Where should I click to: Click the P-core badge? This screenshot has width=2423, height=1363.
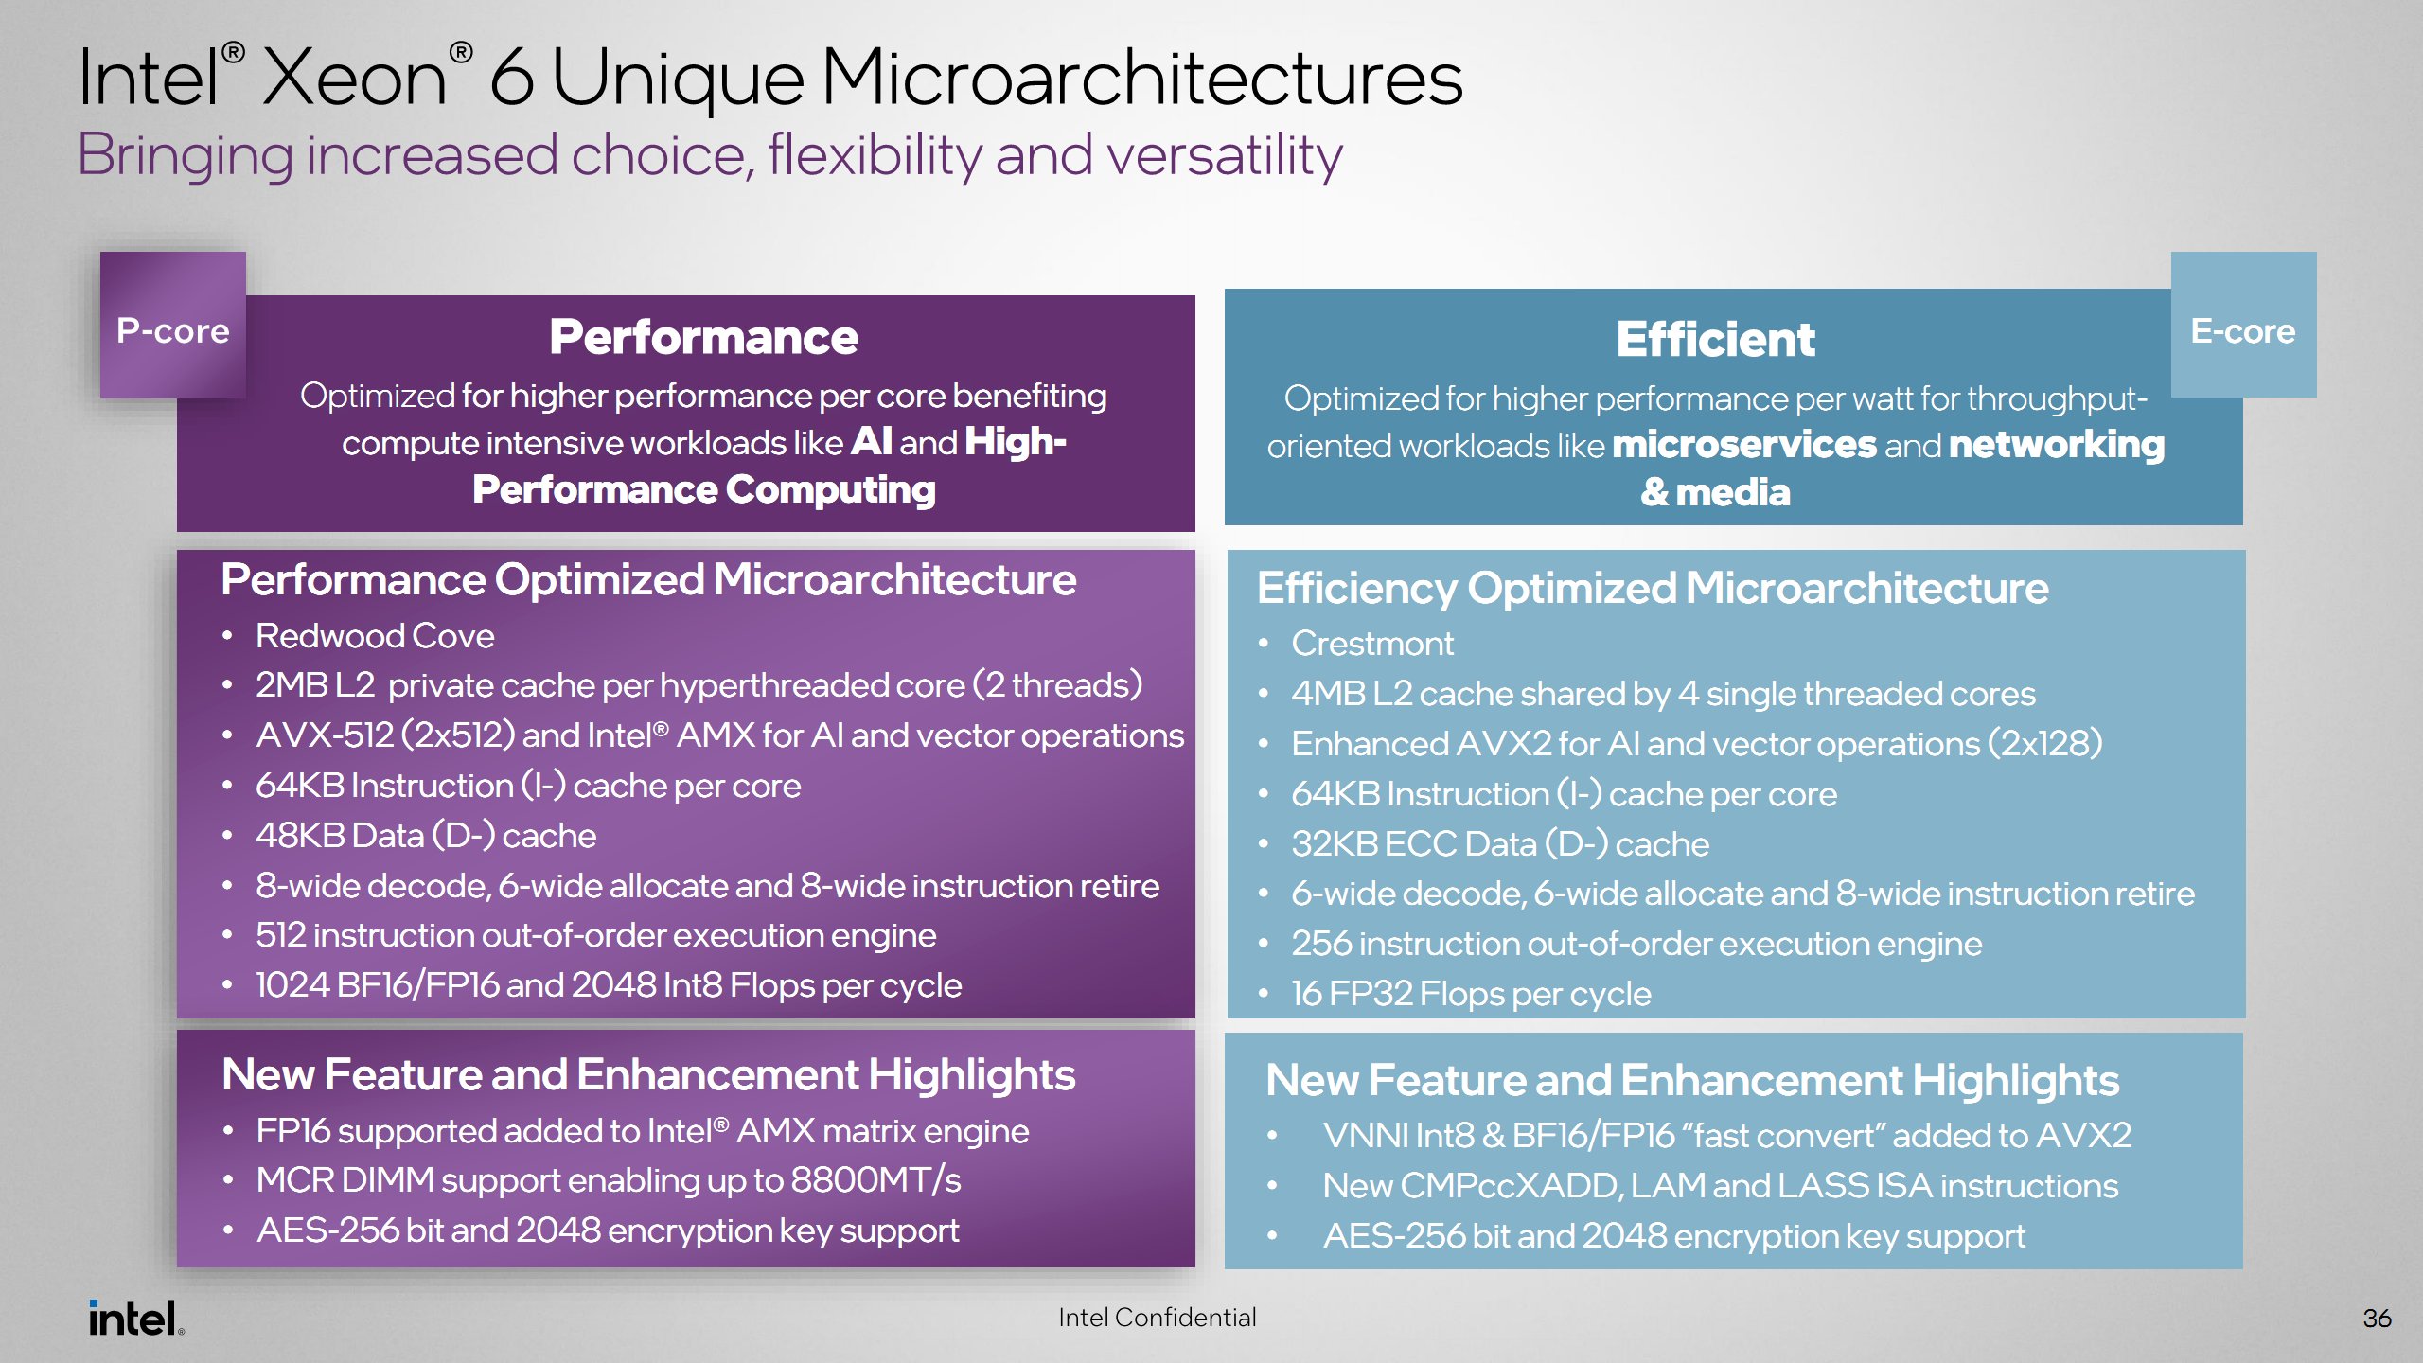click(173, 329)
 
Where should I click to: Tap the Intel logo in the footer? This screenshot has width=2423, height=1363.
click(135, 1318)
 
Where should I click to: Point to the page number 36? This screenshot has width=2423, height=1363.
click(2377, 1318)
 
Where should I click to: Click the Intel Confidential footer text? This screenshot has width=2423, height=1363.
click(1157, 1318)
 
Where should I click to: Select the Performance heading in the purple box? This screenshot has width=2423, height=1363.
click(703, 337)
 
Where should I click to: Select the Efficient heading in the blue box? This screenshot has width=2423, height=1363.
click(1715, 339)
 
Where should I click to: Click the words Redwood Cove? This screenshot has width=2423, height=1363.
click(375, 636)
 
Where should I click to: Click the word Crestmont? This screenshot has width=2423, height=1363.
click(1372, 644)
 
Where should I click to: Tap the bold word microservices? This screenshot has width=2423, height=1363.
click(1743, 445)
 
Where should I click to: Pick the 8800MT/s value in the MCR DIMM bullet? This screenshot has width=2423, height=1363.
click(875, 1180)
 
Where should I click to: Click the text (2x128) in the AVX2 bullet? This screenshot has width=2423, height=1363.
click(2044, 744)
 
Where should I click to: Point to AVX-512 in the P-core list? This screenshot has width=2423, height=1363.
click(324, 735)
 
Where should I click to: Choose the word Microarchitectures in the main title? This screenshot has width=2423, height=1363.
click(1141, 78)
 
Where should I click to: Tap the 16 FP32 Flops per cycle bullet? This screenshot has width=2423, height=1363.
click(1471, 994)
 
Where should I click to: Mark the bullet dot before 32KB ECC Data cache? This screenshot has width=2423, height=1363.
click(1263, 844)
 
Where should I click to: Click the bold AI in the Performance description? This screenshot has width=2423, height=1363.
click(871, 442)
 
